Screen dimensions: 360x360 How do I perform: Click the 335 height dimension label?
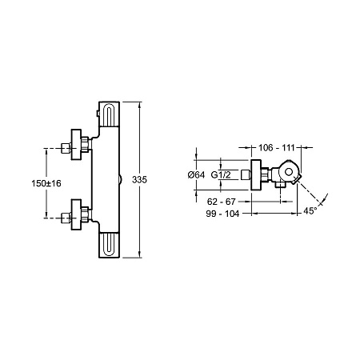pos(139,180)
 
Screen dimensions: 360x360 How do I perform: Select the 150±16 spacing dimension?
pos(46,183)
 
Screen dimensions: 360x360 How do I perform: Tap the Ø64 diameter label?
pos(196,175)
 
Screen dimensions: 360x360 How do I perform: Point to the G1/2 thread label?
pos(221,175)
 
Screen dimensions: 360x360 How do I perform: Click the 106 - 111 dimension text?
pos(276,147)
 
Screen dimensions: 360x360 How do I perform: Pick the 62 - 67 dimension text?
pos(222,202)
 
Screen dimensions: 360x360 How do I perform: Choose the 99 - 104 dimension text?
pos(222,214)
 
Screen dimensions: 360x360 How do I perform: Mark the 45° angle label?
pos(310,211)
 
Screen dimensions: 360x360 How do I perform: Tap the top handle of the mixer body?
pos(109,114)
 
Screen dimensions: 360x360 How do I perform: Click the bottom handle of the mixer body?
pos(109,245)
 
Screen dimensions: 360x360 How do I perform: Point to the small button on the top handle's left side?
pos(98,114)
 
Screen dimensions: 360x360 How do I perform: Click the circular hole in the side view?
pos(289,172)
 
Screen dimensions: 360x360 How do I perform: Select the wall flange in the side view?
pos(256,175)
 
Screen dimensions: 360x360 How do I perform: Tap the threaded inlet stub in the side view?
pos(246,175)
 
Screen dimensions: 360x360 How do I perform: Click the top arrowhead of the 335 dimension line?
pos(139,105)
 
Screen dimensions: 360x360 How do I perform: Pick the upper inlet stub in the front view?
pos(66,148)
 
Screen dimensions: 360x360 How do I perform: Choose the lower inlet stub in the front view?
pos(66,218)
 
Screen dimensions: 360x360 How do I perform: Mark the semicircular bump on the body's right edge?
pos(120,179)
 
